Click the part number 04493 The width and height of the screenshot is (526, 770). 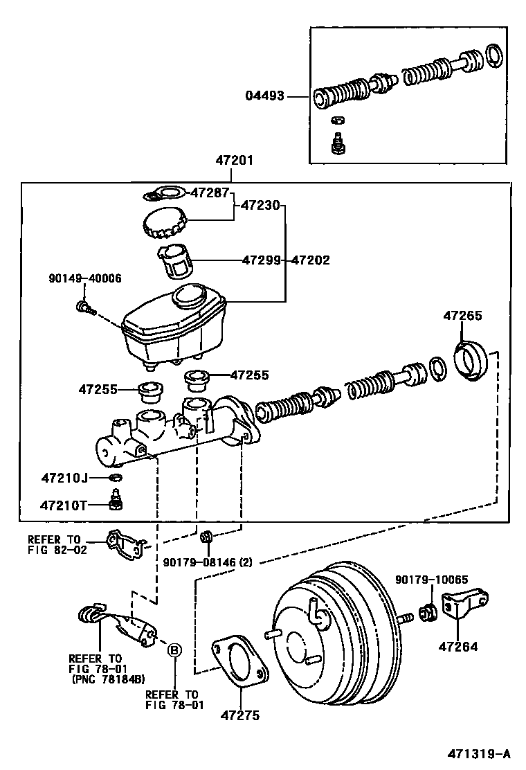tap(265, 96)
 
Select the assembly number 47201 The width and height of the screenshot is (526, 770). tap(235, 160)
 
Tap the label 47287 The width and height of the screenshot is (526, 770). tap(210, 192)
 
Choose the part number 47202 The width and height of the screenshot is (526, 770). tap(311, 260)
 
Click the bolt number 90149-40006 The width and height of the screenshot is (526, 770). tap(85, 278)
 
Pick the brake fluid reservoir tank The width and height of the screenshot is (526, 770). tap(174, 327)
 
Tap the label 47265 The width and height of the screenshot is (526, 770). tap(463, 316)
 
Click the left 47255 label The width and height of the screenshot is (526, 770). tap(98, 389)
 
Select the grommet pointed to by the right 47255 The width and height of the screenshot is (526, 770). tap(197, 380)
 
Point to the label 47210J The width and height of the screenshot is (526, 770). tap(65, 477)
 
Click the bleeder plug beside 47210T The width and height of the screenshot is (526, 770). tap(116, 499)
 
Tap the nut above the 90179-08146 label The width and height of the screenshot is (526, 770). tap(206, 536)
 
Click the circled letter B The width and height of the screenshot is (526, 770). tap(174, 650)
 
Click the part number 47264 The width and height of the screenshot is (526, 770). tap(457, 647)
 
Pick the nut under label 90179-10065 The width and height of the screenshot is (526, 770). tap(428, 612)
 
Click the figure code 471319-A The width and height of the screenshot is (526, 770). tap(478, 753)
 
